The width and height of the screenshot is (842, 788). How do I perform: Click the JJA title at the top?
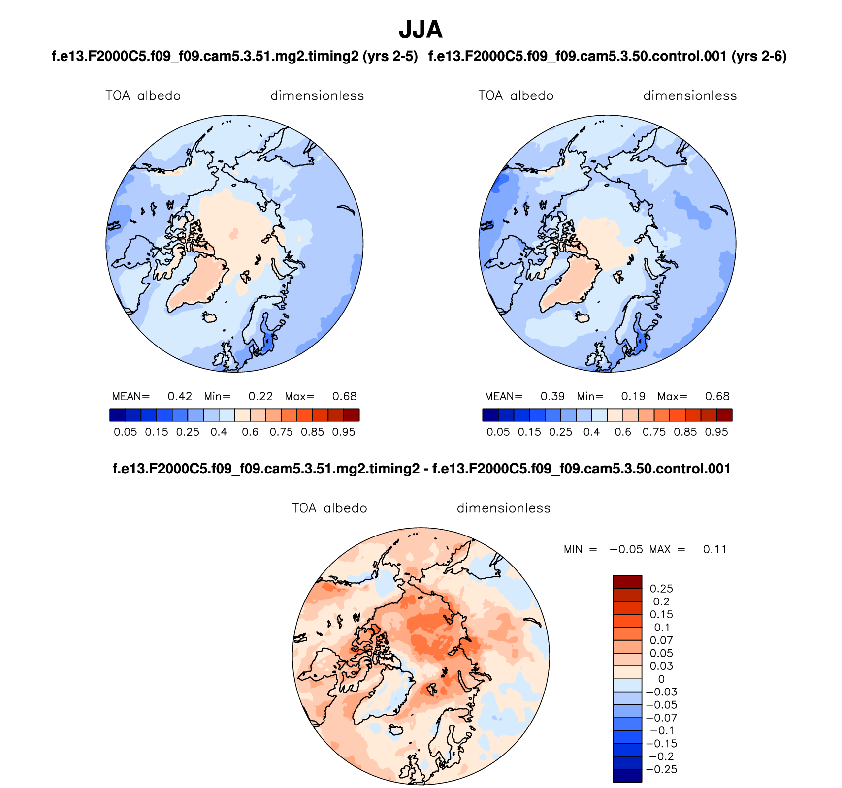coord(421,30)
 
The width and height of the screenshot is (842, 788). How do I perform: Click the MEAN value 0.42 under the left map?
coord(180,396)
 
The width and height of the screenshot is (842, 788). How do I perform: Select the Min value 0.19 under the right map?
coord(633,396)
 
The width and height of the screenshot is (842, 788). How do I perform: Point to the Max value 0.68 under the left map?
coord(344,396)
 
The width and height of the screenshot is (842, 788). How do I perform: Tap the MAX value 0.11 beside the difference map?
coord(714,549)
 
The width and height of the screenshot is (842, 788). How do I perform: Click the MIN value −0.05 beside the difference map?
coord(626,549)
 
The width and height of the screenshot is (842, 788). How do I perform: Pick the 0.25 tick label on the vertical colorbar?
coord(661,589)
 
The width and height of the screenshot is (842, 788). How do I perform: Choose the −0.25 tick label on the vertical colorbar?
coord(661,769)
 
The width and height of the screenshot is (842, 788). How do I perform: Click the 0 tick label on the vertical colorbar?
coord(661,679)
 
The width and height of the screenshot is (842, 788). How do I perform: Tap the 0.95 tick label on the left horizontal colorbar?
coord(344,432)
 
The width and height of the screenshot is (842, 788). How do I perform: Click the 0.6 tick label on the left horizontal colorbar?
coord(250,432)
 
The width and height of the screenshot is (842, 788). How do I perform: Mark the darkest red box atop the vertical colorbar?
coord(627,582)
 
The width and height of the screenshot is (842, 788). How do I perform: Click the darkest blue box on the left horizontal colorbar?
coord(118,415)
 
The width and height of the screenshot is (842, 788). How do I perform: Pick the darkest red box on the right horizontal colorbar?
coord(724,415)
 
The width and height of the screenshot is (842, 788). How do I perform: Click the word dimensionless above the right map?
coord(690,95)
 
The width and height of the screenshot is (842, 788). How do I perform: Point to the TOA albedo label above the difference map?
coord(329,508)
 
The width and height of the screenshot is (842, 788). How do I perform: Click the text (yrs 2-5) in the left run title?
coord(390,57)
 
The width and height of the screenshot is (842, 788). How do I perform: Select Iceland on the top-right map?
coord(583,317)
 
